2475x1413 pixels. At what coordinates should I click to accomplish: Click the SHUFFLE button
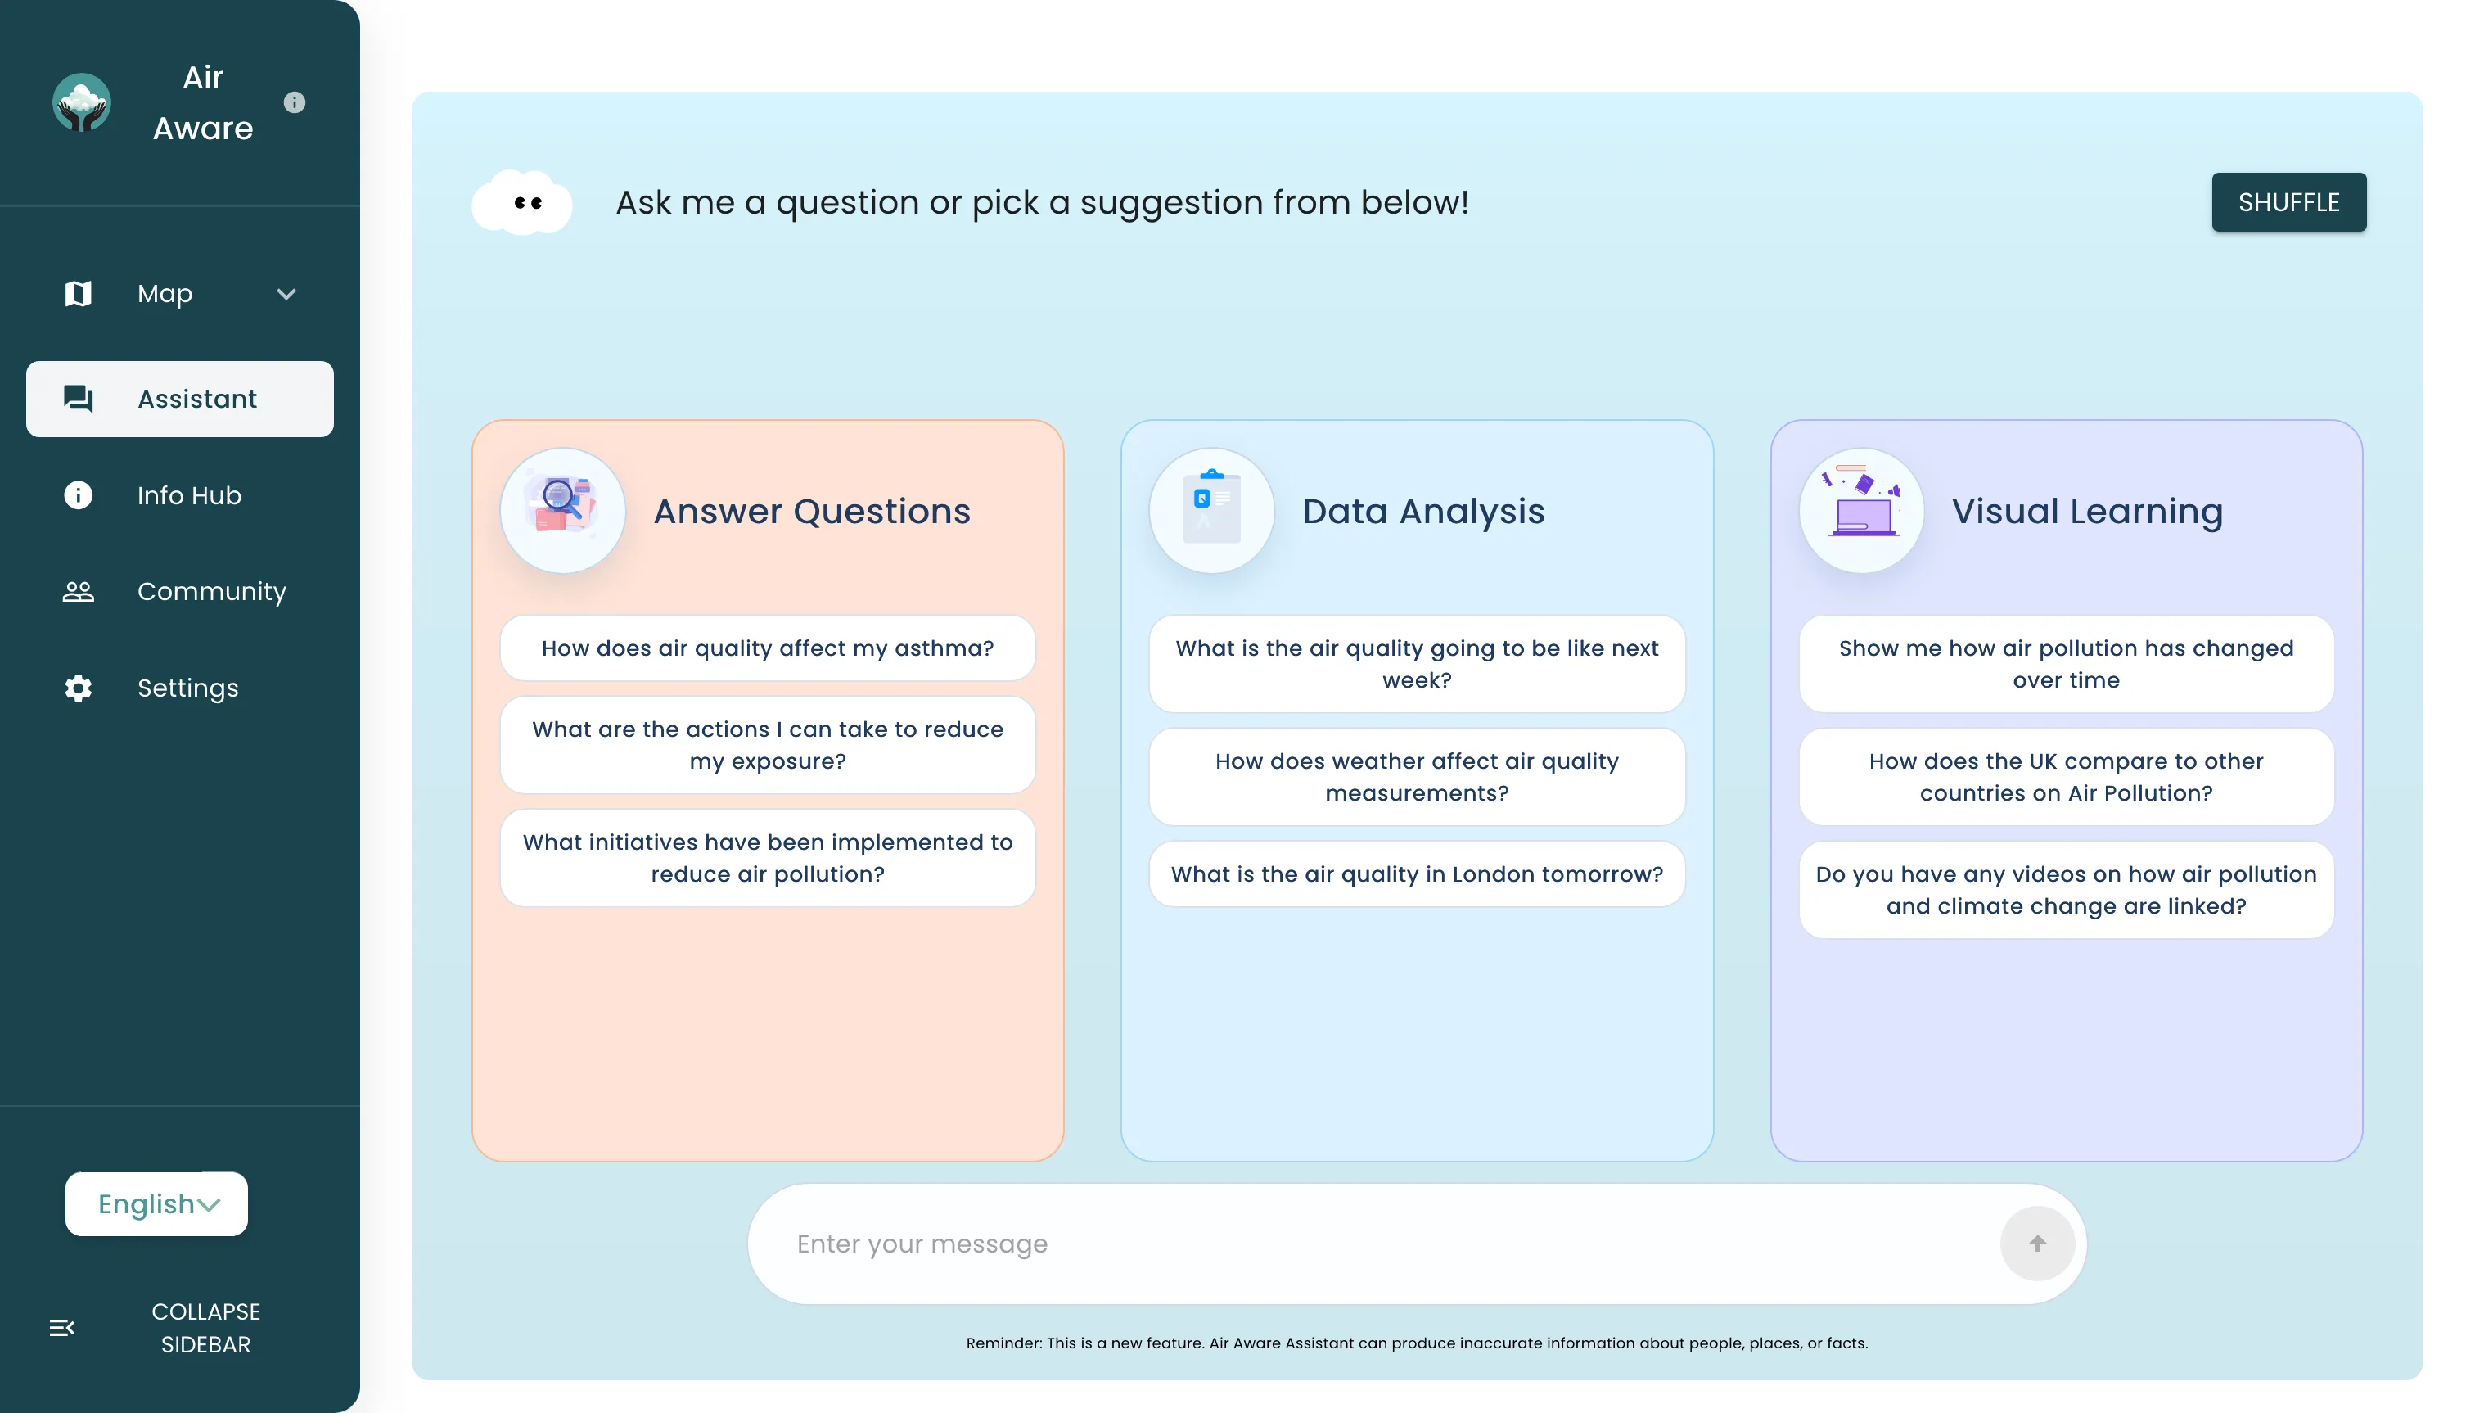pos(2288,202)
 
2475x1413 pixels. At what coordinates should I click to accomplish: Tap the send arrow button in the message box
pos(2036,1244)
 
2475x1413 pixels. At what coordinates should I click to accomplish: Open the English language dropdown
pos(156,1203)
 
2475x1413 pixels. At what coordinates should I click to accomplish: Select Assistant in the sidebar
pos(179,399)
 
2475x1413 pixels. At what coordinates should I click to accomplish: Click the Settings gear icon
pos(78,688)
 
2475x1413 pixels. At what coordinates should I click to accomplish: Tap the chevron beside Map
pos(286,294)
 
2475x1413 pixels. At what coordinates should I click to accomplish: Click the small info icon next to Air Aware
pos(294,102)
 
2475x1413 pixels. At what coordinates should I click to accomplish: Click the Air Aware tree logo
pos(82,102)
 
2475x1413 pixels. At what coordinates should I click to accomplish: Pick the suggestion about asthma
pos(768,648)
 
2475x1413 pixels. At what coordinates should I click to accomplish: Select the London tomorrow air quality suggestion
pos(1417,874)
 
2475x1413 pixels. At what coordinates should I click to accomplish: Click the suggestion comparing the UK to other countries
pos(2066,778)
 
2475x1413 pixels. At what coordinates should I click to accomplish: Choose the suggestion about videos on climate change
pos(2066,890)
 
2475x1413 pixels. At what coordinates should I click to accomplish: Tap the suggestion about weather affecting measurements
pos(1417,778)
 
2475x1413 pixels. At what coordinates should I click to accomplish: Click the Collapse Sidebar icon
pos(62,1328)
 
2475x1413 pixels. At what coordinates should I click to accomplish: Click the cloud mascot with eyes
pos(522,202)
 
